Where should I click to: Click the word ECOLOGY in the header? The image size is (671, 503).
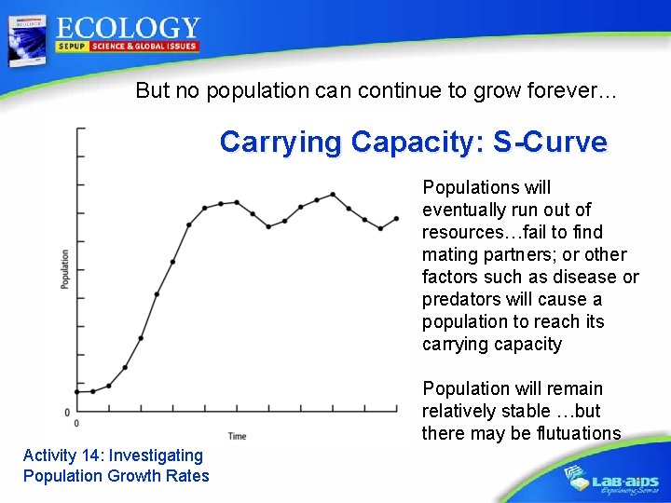[x=127, y=29]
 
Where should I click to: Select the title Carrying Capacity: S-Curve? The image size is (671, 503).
[x=413, y=143]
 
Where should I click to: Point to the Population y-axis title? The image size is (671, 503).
[x=65, y=268]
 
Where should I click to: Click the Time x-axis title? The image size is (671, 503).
[x=238, y=435]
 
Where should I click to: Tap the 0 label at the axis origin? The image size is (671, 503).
[x=66, y=412]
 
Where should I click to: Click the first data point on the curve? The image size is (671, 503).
[x=77, y=392]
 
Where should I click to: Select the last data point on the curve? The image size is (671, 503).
[x=398, y=218]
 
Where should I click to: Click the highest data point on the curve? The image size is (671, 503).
[x=333, y=195]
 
